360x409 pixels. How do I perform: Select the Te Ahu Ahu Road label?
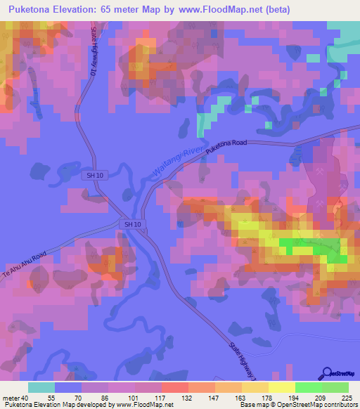tap(24, 264)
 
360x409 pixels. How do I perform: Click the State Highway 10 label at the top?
tap(92, 56)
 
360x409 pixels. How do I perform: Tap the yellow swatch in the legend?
tap(281, 387)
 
